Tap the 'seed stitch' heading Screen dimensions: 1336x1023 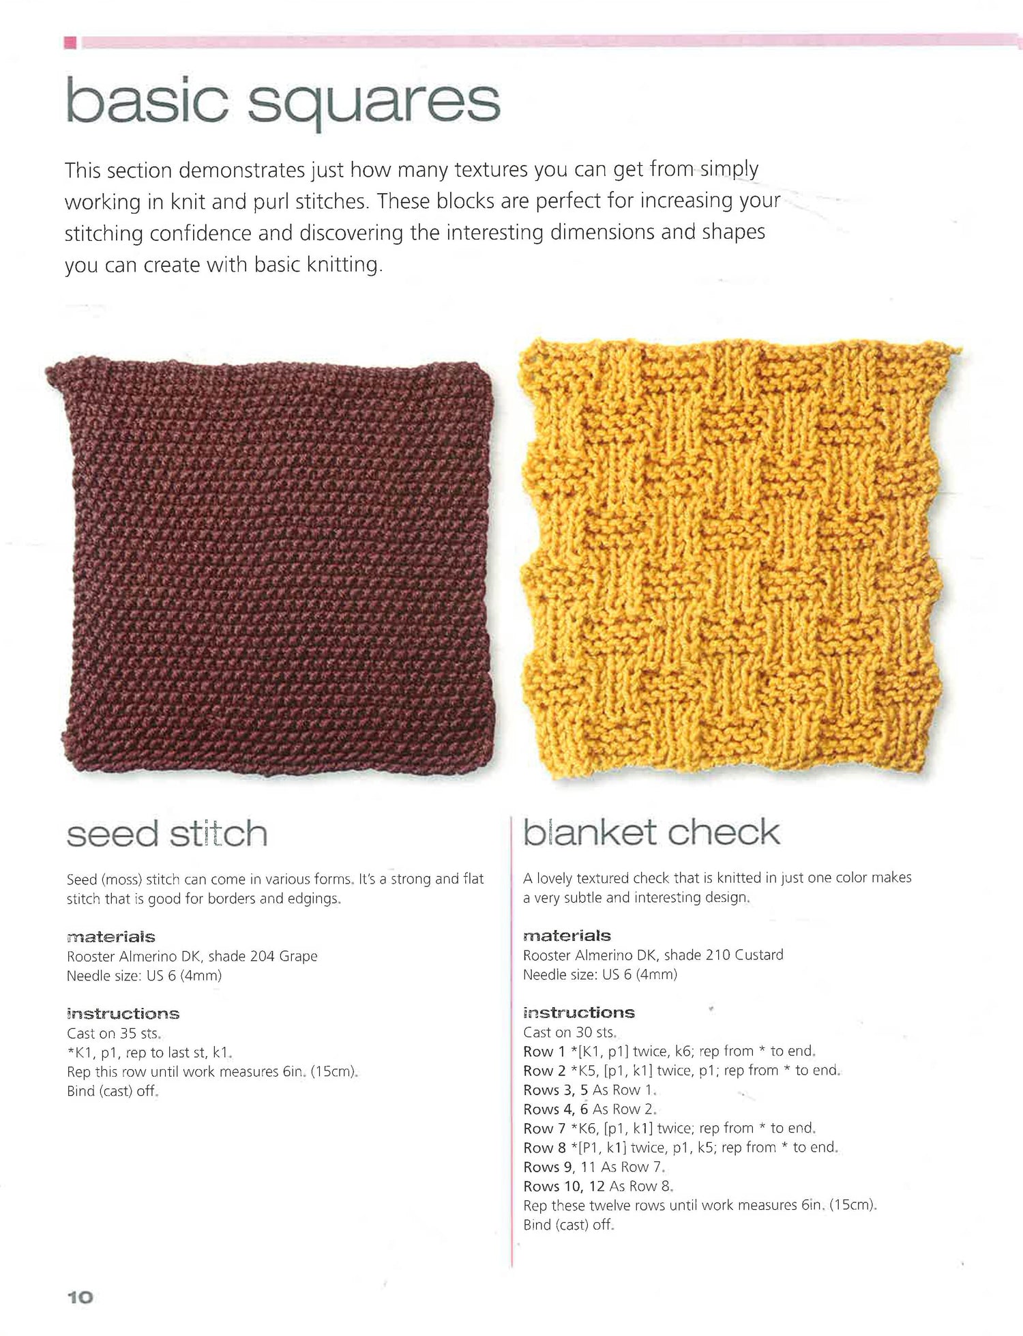(x=167, y=834)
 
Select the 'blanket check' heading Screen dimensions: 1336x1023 (x=651, y=832)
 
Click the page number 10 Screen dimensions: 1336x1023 (x=80, y=1297)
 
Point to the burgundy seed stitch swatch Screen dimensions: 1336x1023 (x=273, y=566)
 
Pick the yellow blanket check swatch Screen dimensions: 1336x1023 (x=733, y=560)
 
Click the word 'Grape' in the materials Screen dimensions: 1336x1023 (x=298, y=956)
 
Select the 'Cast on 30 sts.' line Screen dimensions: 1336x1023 (x=569, y=1032)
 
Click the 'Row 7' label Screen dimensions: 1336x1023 (x=544, y=1129)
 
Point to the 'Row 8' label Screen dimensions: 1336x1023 (x=544, y=1148)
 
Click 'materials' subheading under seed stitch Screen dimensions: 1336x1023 (x=111, y=937)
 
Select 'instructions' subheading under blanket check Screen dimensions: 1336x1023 (x=578, y=1013)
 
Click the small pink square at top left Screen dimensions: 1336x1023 (x=70, y=42)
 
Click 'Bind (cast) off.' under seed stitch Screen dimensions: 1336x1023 (x=113, y=1091)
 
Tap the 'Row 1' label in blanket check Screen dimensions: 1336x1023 (x=544, y=1051)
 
